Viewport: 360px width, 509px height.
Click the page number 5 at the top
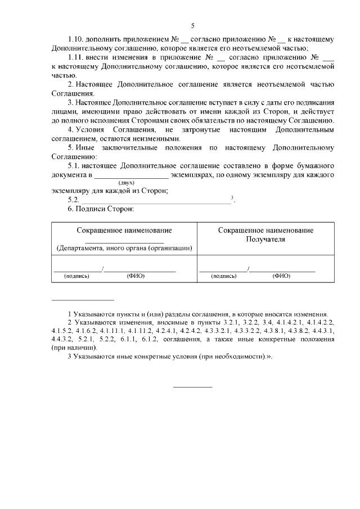coord(192,26)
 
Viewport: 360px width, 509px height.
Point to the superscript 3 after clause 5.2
coord(232,197)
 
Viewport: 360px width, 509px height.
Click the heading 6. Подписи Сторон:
coord(101,209)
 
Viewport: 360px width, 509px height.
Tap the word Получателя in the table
coord(265,239)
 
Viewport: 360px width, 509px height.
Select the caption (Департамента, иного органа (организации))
coord(124,248)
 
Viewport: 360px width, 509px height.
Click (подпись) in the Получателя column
coord(223,276)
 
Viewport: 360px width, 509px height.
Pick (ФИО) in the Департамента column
coord(136,276)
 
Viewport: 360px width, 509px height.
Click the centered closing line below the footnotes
coord(192,387)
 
